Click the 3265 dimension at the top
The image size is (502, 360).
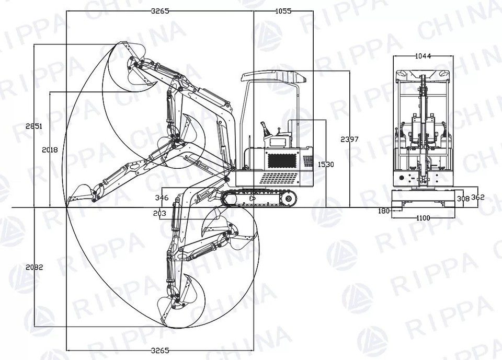pos(160,10)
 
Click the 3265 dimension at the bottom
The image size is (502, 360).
pos(160,350)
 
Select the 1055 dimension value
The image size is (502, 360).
pos(283,10)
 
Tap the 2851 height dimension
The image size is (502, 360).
pos(34,126)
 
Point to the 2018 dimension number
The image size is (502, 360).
pos(50,149)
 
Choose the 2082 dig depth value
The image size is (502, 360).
pos(34,267)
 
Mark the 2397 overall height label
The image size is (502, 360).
pos(349,139)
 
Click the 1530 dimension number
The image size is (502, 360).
pos(325,165)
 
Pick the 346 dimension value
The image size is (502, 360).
pos(162,198)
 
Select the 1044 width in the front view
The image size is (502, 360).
pos(423,56)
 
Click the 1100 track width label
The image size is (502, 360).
pos(424,218)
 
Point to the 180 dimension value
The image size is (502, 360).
pos(384,211)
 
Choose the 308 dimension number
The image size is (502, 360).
pos(463,199)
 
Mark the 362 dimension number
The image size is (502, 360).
pos(478,198)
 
